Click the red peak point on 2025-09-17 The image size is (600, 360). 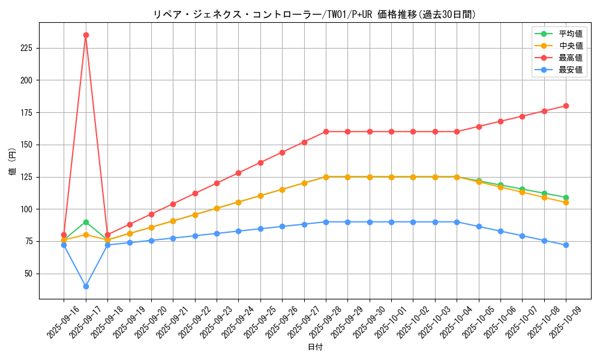tap(86, 35)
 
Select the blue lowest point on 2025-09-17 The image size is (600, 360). tap(86, 286)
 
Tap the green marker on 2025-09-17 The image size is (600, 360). tap(86, 222)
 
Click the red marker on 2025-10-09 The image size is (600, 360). tap(566, 106)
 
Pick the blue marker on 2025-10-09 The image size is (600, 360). tap(566, 245)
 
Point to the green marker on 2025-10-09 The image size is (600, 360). tap(566, 197)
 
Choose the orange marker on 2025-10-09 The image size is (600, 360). tap(566, 202)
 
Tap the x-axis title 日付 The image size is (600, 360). tap(315, 347)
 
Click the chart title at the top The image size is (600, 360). tap(315, 14)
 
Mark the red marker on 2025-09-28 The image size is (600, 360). tap(326, 131)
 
